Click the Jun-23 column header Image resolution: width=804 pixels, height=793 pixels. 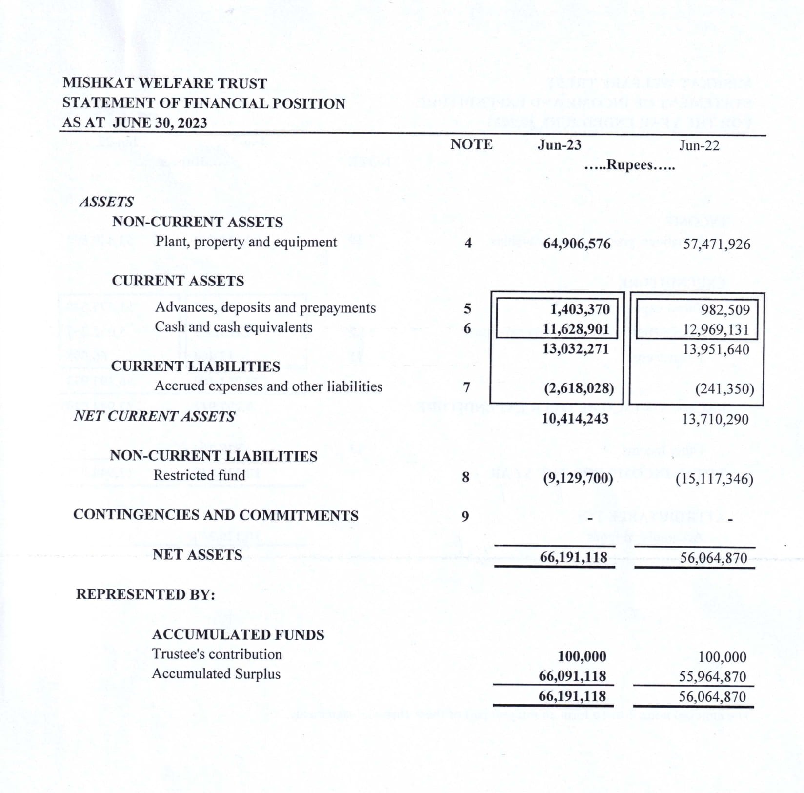tap(559, 145)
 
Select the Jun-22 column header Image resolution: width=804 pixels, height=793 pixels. tap(699, 145)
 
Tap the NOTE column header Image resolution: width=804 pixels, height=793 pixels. tap(471, 144)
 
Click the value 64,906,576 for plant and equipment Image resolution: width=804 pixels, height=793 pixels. tap(577, 244)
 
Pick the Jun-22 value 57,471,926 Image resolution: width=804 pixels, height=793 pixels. tap(716, 244)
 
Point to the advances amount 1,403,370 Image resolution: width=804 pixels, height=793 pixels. tap(580, 309)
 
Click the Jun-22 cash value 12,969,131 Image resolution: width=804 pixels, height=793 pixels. tap(715, 330)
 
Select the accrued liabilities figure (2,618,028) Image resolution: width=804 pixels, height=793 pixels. tap(579, 388)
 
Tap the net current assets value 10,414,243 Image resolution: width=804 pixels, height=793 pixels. tap(575, 419)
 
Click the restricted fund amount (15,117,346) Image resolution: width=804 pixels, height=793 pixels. tap(714, 479)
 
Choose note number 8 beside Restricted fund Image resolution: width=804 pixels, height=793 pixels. tap(466, 477)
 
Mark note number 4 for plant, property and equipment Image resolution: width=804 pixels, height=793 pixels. tap(468, 243)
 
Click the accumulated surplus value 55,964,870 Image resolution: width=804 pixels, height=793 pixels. tap(712, 677)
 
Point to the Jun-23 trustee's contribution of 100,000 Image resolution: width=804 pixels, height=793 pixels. tap(582, 656)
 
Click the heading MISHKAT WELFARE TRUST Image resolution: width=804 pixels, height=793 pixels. tap(164, 83)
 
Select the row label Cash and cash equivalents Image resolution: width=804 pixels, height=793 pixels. tap(233, 327)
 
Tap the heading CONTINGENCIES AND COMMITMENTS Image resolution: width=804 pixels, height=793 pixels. tap(216, 515)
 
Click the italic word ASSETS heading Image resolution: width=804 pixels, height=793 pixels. tap(106, 202)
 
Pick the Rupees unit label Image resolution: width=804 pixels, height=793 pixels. tap(629, 165)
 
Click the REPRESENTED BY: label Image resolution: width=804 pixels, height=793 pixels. tap(145, 594)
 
